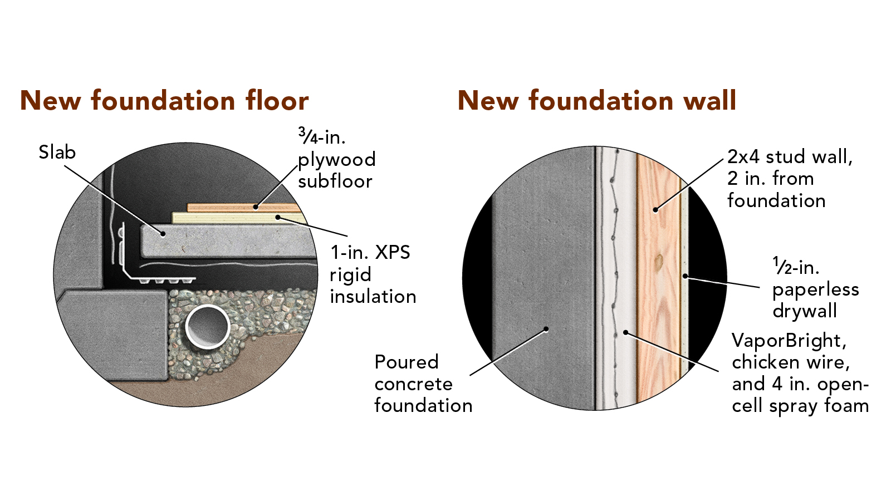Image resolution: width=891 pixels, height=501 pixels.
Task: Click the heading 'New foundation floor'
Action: [x=164, y=100]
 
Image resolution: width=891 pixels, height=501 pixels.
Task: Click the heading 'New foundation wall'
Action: [x=596, y=100]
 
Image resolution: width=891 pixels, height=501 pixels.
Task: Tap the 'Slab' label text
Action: [x=57, y=153]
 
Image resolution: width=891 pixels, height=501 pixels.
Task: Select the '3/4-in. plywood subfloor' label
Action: [x=336, y=159]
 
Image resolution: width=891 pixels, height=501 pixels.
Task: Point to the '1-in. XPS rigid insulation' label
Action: [x=373, y=274]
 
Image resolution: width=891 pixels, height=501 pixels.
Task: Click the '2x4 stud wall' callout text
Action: [x=790, y=156]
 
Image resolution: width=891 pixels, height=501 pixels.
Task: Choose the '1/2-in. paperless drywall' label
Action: [x=815, y=288]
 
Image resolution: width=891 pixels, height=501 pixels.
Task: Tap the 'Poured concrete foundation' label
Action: [x=423, y=384]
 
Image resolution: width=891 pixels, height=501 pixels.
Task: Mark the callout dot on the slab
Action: [x=163, y=234]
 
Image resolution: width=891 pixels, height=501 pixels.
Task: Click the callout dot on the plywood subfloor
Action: [x=256, y=207]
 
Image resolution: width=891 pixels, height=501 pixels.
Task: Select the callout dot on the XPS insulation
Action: [x=278, y=217]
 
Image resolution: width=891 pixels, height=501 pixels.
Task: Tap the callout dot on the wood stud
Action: [x=655, y=209]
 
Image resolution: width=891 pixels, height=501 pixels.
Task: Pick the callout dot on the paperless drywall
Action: [x=685, y=276]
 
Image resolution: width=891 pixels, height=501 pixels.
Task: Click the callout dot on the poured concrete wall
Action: [x=546, y=329]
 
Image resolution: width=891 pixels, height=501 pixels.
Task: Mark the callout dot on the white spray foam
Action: [x=626, y=332]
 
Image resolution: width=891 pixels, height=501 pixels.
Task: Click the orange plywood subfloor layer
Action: [x=243, y=208]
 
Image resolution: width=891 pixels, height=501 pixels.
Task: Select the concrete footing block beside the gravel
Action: [x=114, y=334]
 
